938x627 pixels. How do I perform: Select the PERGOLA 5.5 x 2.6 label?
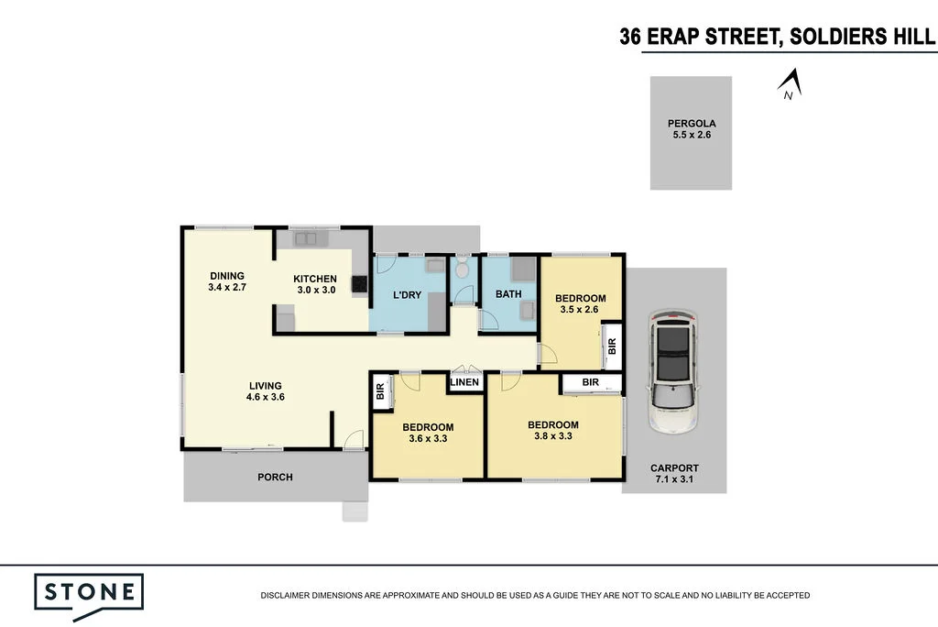pos(692,129)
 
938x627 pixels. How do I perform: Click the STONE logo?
pos(89,591)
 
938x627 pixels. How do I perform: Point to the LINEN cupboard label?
pos(465,382)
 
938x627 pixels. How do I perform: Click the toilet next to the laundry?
pos(462,268)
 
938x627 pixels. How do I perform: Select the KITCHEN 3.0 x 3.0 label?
pos(315,284)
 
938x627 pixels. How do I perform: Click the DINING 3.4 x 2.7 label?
pos(227,281)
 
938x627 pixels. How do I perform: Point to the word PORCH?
pos(275,477)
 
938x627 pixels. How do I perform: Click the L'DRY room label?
pos(407,294)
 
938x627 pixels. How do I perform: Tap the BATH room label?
pos(508,294)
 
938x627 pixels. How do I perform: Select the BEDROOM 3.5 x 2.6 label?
pos(580,303)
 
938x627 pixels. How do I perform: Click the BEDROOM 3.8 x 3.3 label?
pos(552,430)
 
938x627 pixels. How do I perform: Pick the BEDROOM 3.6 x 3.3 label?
pos(428,433)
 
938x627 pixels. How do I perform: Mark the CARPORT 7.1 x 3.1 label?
pos(674,473)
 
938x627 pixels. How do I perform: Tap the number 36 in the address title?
pos(630,37)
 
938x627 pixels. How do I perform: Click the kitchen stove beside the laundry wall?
pos(361,284)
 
